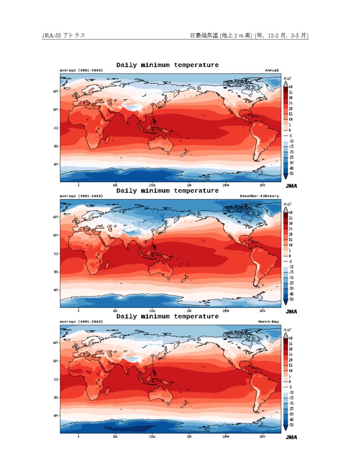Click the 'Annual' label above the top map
pos(272,70)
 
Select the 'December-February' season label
pos(259,195)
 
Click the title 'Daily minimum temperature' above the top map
pos(168,65)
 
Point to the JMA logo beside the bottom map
pos(291,437)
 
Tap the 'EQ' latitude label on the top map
pos(56,128)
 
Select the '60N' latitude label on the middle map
pos(56,217)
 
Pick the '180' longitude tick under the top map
pos(189,185)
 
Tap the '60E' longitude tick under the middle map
pos(115,311)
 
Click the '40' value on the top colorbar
pos(290,87)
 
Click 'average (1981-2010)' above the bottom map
pos(81,321)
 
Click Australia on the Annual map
pos(160,142)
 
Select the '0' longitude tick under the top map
pos(78,185)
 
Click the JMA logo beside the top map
pos(291,186)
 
